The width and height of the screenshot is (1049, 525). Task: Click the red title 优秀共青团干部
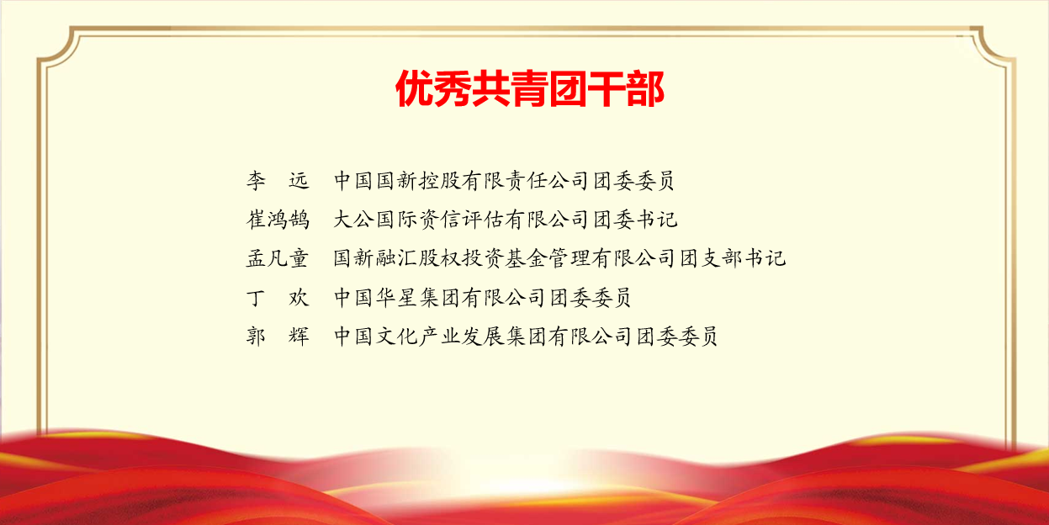tap(530, 88)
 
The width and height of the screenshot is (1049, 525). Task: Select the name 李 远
tap(278, 180)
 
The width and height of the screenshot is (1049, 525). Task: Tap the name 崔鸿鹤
tap(278, 220)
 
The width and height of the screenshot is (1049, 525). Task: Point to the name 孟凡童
tap(278, 258)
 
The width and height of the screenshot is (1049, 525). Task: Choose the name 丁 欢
tap(278, 298)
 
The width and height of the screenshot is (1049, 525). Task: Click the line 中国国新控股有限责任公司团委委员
tap(504, 180)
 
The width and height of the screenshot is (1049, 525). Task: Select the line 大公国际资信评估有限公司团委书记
tap(506, 220)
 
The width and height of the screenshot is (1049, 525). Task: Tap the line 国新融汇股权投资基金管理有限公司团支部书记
tap(559, 258)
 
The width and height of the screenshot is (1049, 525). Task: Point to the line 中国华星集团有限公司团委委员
tap(483, 298)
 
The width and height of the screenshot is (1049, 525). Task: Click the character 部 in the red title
tap(644, 88)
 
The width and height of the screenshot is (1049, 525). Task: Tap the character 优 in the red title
tap(415, 88)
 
